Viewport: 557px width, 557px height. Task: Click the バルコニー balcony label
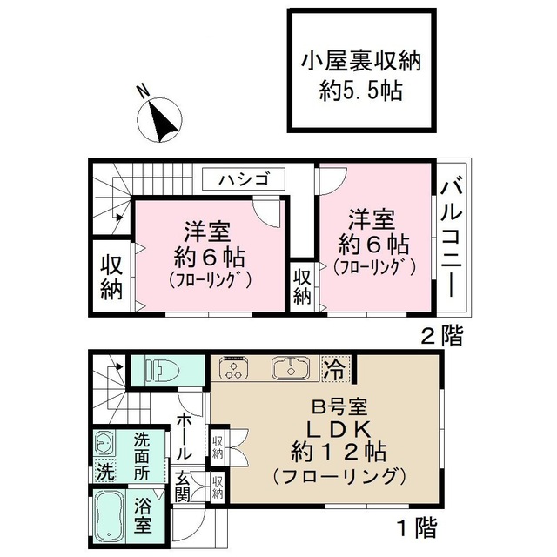pyautogui.click(x=452, y=239)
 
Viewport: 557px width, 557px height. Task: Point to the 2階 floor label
pyautogui.click(x=441, y=336)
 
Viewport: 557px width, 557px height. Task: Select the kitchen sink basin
pyautogui.click(x=290, y=369)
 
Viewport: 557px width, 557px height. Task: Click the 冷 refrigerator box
pyautogui.click(x=333, y=368)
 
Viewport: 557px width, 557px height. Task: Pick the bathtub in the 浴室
pyautogui.click(x=112, y=517)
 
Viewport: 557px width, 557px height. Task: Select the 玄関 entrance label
pyautogui.click(x=185, y=487)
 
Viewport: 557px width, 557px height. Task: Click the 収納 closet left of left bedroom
pyautogui.click(x=111, y=277)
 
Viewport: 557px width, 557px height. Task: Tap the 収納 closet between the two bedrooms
pyautogui.click(x=302, y=285)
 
